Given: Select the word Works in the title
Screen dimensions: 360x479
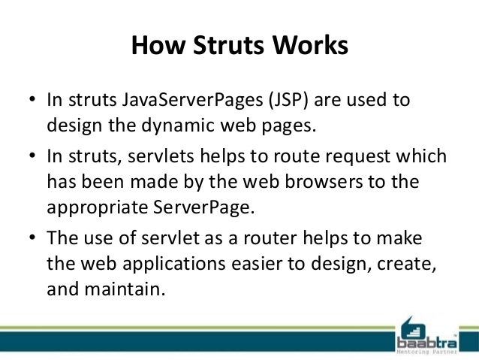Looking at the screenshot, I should click(x=312, y=46).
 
